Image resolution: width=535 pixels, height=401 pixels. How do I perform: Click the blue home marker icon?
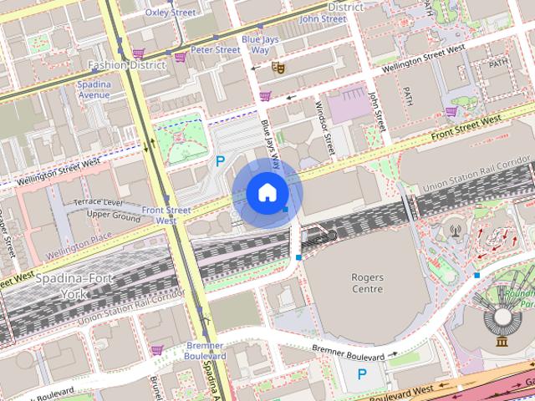pyautogui.click(x=267, y=193)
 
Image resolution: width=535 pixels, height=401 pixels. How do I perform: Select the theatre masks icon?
pyautogui.click(x=278, y=63)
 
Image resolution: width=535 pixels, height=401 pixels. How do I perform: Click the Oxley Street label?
pyautogui.click(x=170, y=13)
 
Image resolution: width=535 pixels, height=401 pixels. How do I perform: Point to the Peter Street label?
pyautogui.click(x=215, y=49)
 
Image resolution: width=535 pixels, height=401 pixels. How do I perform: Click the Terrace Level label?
pyautogui.click(x=98, y=203)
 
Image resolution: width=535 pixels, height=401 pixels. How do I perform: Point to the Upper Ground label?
pyautogui.click(x=114, y=215)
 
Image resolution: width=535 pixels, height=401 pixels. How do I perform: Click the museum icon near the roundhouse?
pyautogui.click(x=502, y=342)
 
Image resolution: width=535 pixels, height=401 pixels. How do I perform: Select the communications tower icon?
pyautogui.click(x=456, y=228)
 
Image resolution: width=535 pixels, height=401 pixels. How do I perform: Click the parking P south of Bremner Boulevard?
pyautogui.click(x=362, y=375)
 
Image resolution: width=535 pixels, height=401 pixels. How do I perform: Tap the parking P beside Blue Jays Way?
pyautogui.click(x=220, y=160)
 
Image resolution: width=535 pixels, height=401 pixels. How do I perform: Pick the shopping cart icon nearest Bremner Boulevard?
pyautogui.click(x=156, y=349)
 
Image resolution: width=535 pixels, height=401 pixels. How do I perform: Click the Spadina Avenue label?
pyautogui.click(x=93, y=89)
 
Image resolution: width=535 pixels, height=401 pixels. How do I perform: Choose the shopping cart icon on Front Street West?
pyautogui.click(x=451, y=111)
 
